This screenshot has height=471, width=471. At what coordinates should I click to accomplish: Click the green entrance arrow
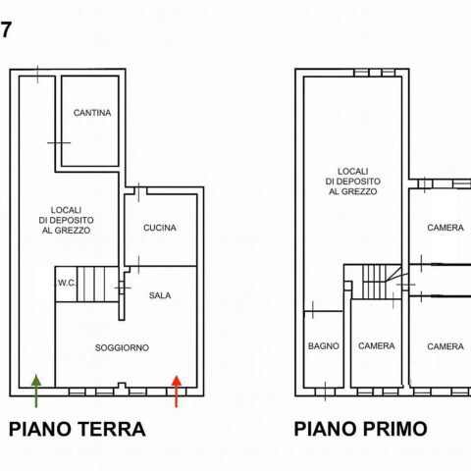click(36, 392)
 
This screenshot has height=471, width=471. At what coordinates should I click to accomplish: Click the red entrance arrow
click(177, 392)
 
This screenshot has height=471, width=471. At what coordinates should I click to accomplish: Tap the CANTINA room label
click(92, 113)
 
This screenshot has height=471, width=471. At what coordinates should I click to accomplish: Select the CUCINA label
click(160, 228)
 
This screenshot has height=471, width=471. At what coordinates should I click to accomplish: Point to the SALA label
click(160, 295)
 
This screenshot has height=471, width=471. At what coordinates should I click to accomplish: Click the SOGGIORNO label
click(122, 347)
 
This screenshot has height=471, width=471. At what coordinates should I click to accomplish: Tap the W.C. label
click(67, 284)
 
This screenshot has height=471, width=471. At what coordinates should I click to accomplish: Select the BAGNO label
click(324, 346)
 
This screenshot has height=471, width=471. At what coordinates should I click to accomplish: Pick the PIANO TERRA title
click(78, 429)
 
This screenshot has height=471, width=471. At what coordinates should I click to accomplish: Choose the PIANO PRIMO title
click(360, 429)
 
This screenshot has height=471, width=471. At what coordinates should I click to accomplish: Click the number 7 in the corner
click(6, 30)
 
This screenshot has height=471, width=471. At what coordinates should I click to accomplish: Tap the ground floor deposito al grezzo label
click(66, 220)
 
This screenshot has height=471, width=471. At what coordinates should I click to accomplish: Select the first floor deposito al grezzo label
click(353, 182)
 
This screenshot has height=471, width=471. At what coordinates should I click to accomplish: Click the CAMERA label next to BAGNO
click(377, 346)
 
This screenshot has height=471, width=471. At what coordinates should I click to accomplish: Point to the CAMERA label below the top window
click(445, 228)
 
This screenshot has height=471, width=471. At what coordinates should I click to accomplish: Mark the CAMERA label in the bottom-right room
click(445, 346)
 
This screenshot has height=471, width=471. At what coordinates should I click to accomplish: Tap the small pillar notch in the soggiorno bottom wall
click(122, 386)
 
